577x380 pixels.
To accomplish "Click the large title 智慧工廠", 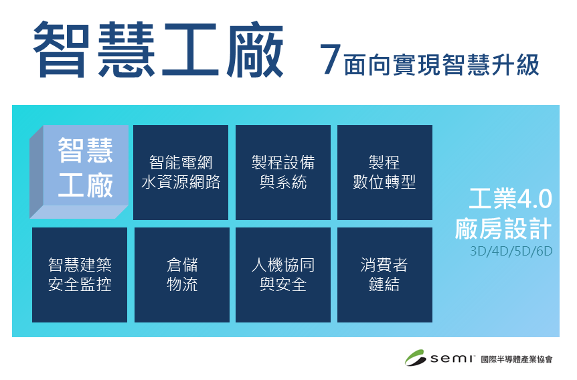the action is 158,50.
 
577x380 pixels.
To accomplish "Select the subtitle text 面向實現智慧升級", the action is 441,65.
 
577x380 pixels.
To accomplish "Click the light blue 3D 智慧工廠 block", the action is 79,172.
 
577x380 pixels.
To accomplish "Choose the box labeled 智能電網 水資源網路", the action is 181,173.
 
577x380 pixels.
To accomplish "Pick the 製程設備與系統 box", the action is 283,173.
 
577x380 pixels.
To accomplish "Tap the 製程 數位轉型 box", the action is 384,173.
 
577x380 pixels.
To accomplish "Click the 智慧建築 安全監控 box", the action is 80,275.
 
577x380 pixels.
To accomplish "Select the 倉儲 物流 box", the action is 182,275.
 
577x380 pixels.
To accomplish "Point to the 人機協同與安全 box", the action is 283,275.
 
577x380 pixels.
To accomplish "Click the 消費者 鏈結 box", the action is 384,275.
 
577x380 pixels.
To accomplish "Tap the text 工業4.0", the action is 510,199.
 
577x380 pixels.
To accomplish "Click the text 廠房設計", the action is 503,228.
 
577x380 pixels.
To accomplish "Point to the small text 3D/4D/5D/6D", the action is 511,252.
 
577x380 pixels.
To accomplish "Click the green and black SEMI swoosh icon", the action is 416,357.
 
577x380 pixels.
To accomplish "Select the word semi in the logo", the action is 452,359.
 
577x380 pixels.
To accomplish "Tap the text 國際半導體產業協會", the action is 517,359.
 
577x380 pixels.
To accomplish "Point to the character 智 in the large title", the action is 62,50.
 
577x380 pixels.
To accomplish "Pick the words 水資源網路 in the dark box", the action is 181,182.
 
